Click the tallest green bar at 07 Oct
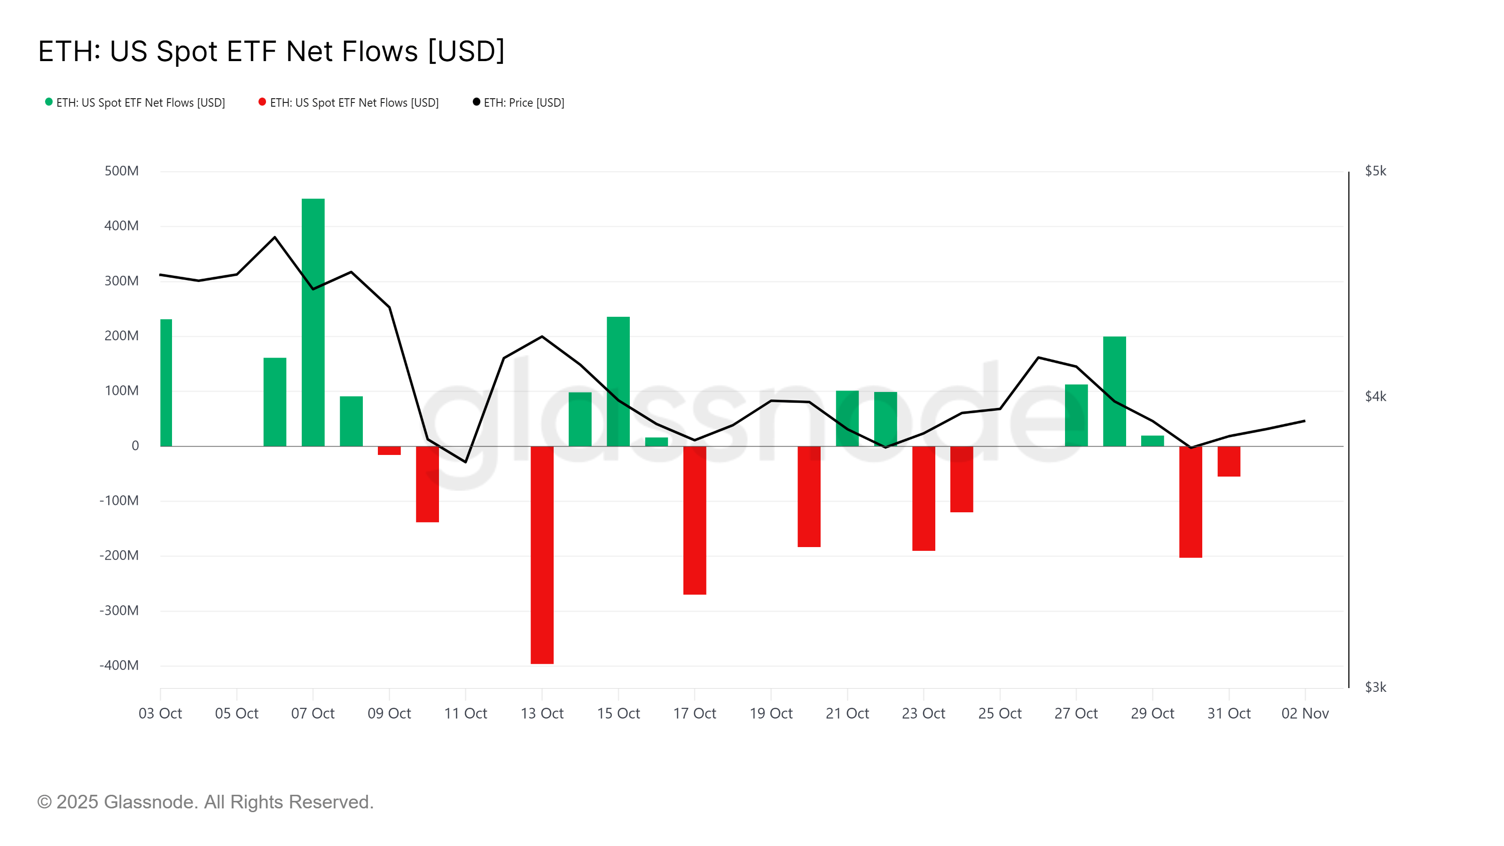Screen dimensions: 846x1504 pyautogui.click(x=313, y=322)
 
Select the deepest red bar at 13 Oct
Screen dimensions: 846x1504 pyautogui.click(x=542, y=555)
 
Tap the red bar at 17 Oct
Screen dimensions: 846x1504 pyautogui.click(x=694, y=520)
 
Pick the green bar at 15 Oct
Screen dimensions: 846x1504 pyautogui.click(x=619, y=381)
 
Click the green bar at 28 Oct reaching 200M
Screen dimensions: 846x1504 pyautogui.click(x=1114, y=391)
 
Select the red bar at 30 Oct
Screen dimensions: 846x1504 pyautogui.click(x=1191, y=502)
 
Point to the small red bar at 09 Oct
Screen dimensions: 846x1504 pyautogui.click(x=390, y=451)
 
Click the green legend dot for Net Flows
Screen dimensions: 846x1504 pyautogui.click(x=49, y=102)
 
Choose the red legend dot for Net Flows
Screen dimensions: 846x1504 pyautogui.click(x=263, y=102)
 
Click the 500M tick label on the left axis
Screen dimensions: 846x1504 pyautogui.click(x=121, y=171)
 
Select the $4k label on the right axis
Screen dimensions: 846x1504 pyautogui.click(x=1375, y=397)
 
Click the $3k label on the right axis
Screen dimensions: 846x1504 pyautogui.click(x=1375, y=687)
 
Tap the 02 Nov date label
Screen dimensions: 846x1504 pyautogui.click(x=1305, y=713)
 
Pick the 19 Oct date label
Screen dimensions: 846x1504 pyautogui.click(x=771, y=713)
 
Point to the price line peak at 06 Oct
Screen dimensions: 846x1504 pyautogui.click(x=275, y=237)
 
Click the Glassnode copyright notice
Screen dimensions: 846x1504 pyautogui.click(x=205, y=802)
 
